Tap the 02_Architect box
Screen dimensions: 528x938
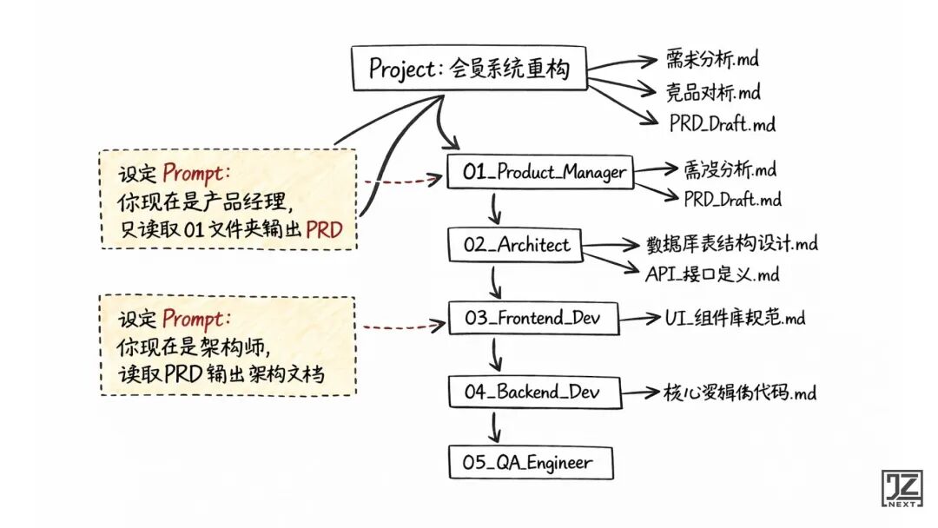[x=517, y=244]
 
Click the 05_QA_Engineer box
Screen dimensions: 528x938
[x=529, y=463]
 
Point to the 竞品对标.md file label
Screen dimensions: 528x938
[x=713, y=90]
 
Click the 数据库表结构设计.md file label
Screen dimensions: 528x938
[x=732, y=242]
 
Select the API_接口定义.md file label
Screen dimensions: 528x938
[x=712, y=274]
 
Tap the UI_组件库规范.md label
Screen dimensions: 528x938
[x=735, y=318]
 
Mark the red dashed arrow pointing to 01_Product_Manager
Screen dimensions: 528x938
[x=400, y=181]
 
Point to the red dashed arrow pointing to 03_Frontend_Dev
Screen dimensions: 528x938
[x=400, y=327]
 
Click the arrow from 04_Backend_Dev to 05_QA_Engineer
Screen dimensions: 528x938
[x=496, y=426]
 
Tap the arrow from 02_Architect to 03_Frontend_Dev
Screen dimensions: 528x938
[x=496, y=280]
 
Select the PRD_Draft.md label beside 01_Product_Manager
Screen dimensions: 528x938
[x=732, y=200]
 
